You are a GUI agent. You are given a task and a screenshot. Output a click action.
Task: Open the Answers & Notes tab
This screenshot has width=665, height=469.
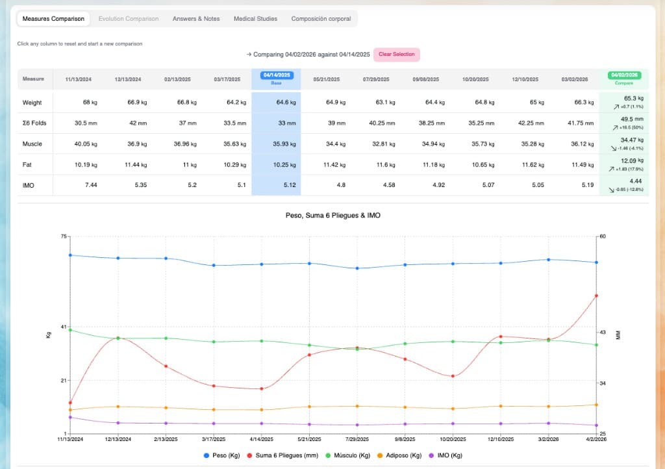pos(196,19)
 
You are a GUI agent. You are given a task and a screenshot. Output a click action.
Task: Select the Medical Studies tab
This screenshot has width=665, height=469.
pos(255,19)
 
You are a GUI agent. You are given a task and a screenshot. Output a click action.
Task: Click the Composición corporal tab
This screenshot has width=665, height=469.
pos(321,19)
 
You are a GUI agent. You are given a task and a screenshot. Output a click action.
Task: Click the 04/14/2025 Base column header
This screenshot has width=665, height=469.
pos(276,78)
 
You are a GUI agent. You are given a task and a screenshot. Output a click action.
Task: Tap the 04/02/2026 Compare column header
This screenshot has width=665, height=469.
pos(624,78)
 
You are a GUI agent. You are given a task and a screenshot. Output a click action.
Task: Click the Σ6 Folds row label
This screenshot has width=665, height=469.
pos(34,123)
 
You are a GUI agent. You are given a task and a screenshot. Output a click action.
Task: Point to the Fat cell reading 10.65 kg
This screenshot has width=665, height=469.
pos(475,164)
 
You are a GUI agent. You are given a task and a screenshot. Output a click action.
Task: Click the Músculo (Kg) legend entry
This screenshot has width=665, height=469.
pos(351,455)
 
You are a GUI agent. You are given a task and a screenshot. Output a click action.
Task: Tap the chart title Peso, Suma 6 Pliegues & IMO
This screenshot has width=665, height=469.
pos(332,215)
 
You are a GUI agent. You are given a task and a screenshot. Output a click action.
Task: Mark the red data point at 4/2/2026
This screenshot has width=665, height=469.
pos(596,296)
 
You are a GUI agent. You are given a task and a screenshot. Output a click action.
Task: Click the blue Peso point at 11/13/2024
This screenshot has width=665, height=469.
pos(70,255)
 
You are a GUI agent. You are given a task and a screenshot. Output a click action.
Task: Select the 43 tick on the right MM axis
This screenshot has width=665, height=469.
pos(601,333)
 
